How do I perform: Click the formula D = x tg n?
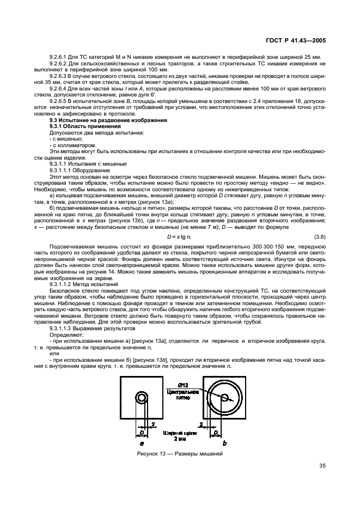click(x=181, y=236)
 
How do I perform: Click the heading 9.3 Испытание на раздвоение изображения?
click(x=108, y=119)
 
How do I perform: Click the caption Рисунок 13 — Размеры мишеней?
click(x=180, y=454)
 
